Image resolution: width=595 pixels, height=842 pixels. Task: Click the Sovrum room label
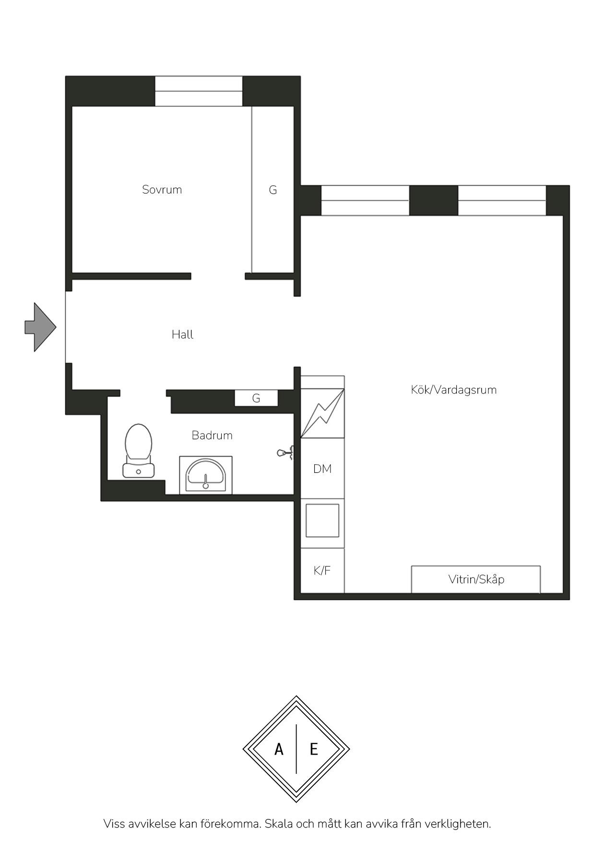(162, 190)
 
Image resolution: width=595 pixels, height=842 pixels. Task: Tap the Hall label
(182, 335)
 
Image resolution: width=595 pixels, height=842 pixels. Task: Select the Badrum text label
(212, 435)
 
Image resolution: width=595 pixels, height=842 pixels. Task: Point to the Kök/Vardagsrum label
(453, 390)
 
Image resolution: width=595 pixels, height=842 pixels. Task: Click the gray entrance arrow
(41, 327)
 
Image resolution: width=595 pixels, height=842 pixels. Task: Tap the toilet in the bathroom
(139, 451)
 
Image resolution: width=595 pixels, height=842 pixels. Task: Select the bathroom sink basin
(206, 475)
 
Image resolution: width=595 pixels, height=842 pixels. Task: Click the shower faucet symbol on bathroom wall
(286, 453)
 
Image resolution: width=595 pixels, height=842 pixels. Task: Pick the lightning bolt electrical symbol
(322, 412)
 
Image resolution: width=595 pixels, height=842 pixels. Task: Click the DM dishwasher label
(322, 469)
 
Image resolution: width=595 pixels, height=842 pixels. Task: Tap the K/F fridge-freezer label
(322, 571)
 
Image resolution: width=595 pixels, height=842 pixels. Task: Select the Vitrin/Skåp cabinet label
(476, 579)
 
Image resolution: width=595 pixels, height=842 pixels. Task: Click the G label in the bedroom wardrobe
(273, 190)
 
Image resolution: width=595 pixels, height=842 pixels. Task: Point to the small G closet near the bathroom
(256, 398)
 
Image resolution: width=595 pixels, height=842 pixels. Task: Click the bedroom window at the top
(199, 91)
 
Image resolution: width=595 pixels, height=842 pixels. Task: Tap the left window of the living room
(365, 201)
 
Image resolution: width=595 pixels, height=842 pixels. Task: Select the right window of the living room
(502, 201)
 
